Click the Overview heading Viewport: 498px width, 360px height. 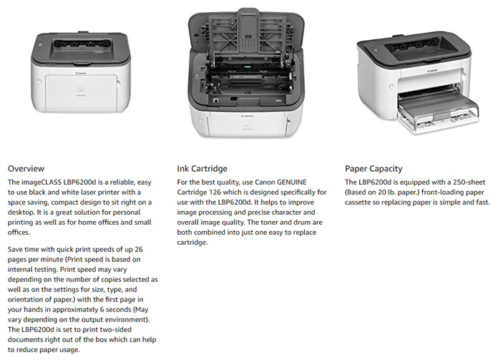tap(26, 168)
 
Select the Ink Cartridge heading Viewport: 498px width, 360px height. tap(202, 168)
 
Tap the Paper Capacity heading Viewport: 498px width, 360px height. tap(373, 169)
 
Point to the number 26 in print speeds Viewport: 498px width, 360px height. tap(139, 250)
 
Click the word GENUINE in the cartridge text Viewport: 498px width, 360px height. tap(291, 183)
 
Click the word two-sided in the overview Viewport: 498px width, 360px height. tap(116, 329)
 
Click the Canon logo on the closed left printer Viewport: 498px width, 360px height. tap(81, 73)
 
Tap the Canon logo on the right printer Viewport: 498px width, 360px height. tap(432, 71)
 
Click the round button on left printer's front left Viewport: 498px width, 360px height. tap(39, 82)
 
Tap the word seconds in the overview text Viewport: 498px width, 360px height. tap(118, 309)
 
